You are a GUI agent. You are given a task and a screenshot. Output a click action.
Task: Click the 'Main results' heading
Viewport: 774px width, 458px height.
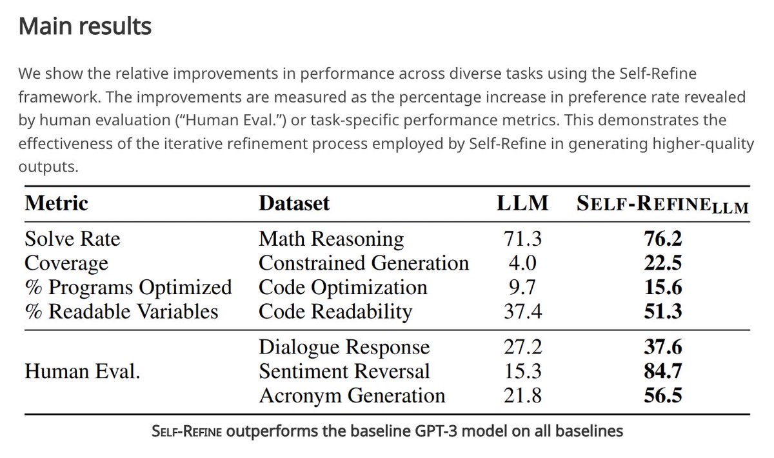click(x=84, y=26)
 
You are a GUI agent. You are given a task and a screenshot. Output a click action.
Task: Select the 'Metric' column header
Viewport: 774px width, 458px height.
click(x=56, y=203)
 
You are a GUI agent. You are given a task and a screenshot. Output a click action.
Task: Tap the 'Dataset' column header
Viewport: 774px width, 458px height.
click(x=294, y=203)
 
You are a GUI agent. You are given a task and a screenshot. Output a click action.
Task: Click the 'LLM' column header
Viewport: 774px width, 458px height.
click(x=522, y=203)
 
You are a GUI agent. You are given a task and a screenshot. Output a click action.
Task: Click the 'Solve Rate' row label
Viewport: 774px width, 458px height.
click(x=72, y=239)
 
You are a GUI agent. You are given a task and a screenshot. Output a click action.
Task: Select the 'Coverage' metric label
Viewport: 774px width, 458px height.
click(x=66, y=263)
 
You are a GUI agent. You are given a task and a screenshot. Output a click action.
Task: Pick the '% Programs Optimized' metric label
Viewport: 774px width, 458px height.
click(x=128, y=288)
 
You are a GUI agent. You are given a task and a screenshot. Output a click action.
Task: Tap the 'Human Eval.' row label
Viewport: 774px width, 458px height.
click(x=82, y=372)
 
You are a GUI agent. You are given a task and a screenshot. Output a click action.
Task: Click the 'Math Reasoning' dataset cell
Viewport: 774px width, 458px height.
click(x=331, y=239)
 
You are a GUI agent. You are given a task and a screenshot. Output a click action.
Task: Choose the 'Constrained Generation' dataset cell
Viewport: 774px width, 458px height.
click(x=364, y=263)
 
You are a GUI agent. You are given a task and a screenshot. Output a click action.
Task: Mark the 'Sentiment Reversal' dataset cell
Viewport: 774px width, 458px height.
click(x=344, y=372)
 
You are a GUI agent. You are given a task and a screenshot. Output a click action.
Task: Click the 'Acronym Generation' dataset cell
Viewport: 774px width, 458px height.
click(x=352, y=395)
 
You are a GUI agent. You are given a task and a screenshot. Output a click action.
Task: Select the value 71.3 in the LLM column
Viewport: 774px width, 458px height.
click(x=522, y=239)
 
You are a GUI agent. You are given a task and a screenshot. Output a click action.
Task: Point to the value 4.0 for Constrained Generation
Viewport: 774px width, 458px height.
click(x=522, y=263)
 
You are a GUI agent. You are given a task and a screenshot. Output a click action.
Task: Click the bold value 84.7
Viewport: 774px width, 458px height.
click(x=662, y=372)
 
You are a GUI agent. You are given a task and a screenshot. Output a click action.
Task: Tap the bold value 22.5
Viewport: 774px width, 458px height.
click(x=662, y=263)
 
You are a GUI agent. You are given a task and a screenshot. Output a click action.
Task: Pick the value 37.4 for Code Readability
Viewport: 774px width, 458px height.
click(x=522, y=312)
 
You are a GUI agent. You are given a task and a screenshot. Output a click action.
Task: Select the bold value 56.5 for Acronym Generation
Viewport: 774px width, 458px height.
click(x=662, y=395)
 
